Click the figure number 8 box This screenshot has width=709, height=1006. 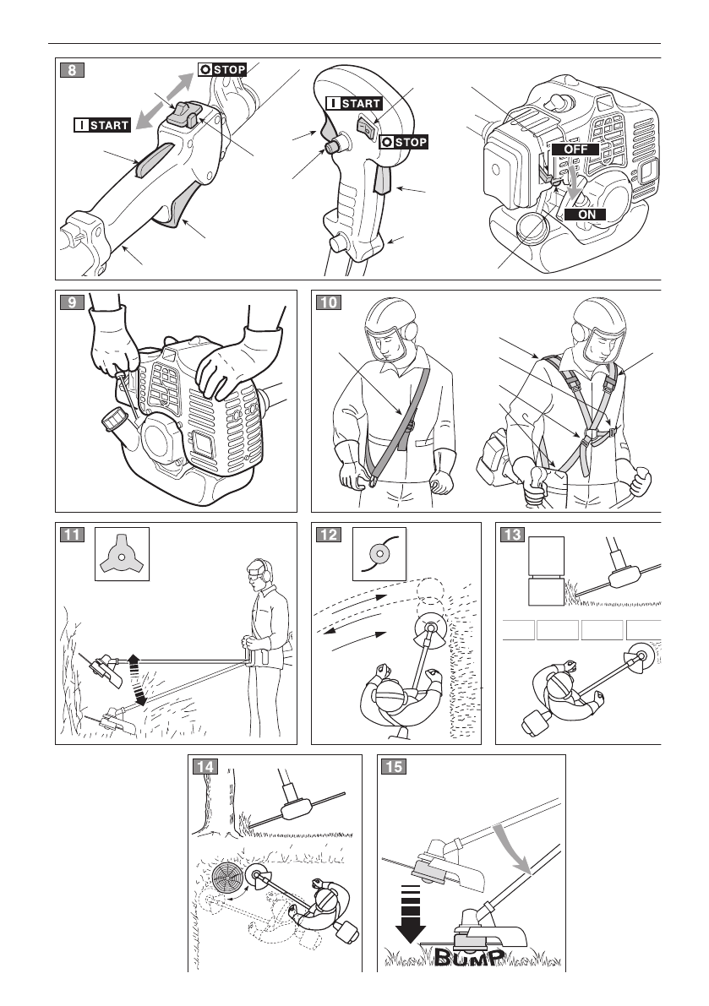coord(72,70)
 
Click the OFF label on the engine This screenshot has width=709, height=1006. coord(576,148)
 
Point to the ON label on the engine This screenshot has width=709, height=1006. coord(586,215)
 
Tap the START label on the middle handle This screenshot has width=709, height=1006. coord(355,104)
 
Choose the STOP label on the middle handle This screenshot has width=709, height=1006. coord(404,142)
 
